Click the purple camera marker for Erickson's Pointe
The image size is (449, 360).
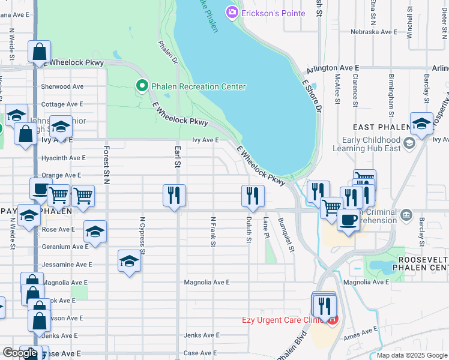(x=232, y=11)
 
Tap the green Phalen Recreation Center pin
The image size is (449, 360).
(x=142, y=86)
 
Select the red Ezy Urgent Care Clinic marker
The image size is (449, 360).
(x=331, y=320)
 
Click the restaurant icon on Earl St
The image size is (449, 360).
(x=174, y=196)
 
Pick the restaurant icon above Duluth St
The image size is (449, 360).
(x=253, y=196)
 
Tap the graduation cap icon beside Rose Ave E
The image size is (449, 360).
(x=95, y=231)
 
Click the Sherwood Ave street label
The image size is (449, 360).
(x=62, y=86)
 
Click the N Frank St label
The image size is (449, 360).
(x=212, y=232)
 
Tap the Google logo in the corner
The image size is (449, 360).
(x=20, y=353)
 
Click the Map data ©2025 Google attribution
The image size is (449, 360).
(x=412, y=355)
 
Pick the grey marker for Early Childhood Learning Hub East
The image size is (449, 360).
(x=409, y=143)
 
